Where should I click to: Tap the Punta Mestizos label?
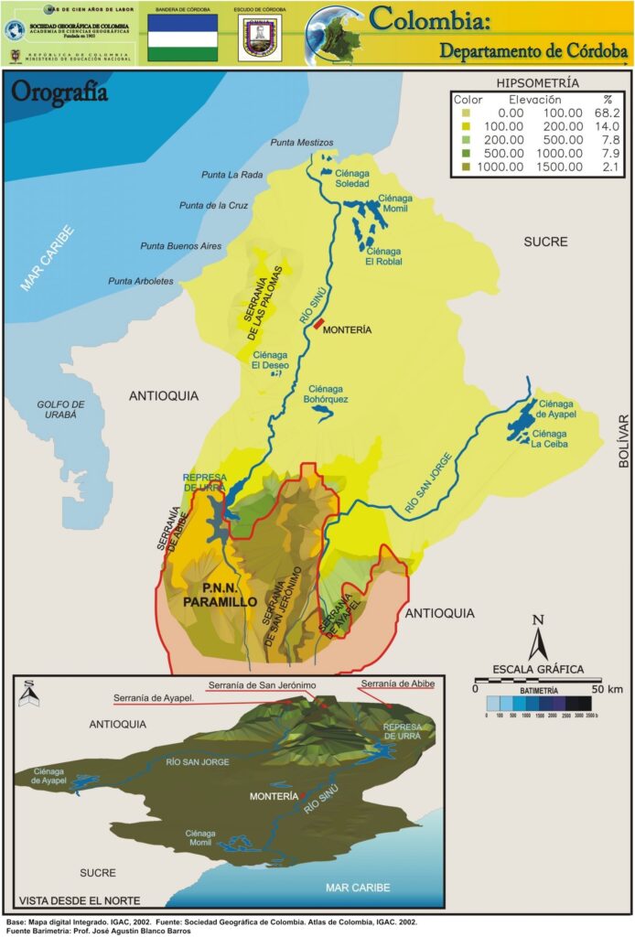[302, 143]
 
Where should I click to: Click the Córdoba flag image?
[183, 38]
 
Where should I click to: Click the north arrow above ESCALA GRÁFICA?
[539, 637]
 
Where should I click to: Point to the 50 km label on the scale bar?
[608, 688]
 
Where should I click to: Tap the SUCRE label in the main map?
[545, 242]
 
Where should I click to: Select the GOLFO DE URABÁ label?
[61, 409]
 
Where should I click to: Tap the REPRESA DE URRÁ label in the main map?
[204, 482]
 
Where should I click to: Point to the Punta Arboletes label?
[140, 281]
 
